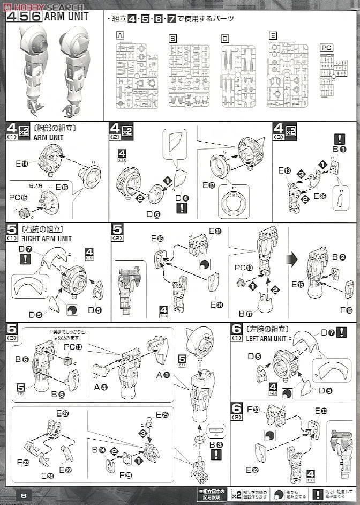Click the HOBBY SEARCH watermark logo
(x=42, y=7)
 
